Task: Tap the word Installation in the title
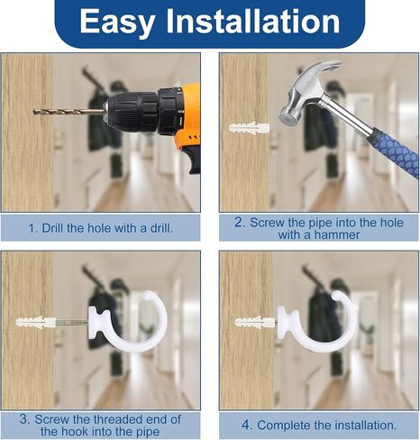point(253,21)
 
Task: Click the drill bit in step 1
point(69,112)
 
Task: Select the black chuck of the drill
point(142,111)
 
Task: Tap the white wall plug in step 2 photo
point(249,128)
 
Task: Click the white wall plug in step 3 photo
point(35,323)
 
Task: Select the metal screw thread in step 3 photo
point(72,323)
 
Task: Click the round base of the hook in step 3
point(98,323)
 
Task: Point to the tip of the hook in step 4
point(336,296)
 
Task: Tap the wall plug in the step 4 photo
point(254,323)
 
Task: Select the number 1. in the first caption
point(33,228)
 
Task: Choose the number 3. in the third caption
point(24,419)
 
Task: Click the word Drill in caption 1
point(52,228)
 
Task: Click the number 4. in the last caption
point(246,426)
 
